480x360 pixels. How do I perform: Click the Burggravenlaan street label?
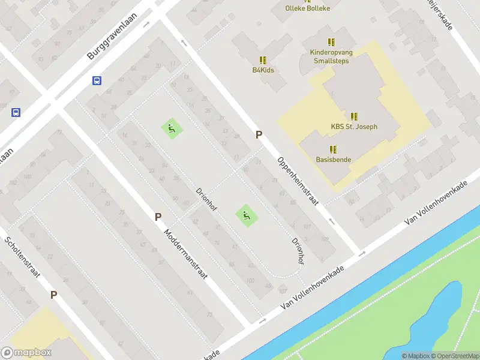pyautogui.click(x=112, y=37)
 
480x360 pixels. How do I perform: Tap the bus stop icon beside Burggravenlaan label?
pyautogui.click(x=97, y=81)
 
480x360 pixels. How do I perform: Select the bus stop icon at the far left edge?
pyautogui.click(x=16, y=112)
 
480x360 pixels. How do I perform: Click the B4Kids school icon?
pyautogui.click(x=263, y=60)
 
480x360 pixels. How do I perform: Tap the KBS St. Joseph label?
pyautogui.click(x=354, y=127)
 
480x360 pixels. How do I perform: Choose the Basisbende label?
pyautogui.click(x=333, y=160)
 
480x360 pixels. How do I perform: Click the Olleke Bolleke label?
pyautogui.click(x=308, y=8)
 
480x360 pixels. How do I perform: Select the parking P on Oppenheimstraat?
pyautogui.click(x=259, y=135)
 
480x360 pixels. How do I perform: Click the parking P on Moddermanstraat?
pyautogui.click(x=158, y=217)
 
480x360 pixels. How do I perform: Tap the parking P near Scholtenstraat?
pyautogui.click(x=53, y=295)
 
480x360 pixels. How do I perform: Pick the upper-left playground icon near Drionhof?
pyautogui.click(x=171, y=128)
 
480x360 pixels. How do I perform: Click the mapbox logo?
pyautogui.click(x=26, y=353)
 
